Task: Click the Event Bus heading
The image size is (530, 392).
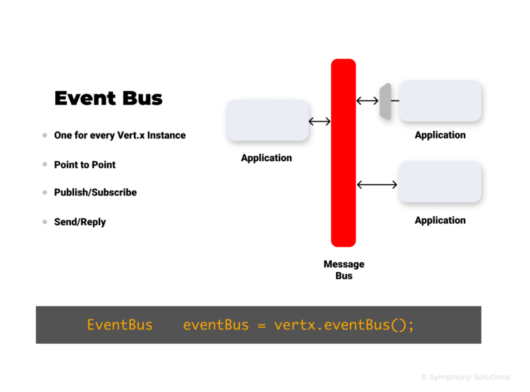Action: click(x=108, y=99)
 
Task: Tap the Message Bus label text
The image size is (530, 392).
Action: click(x=344, y=270)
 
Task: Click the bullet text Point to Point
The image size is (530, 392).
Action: click(x=85, y=165)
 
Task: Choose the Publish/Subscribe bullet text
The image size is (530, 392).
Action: click(x=95, y=192)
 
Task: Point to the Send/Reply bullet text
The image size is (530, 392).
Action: click(x=80, y=222)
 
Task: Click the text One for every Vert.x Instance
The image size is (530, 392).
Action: click(x=119, y=135)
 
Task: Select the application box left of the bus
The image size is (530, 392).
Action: click(x=267, y=121)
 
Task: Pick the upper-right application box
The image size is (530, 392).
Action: click(x=440, y=101)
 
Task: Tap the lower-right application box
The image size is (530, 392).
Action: click(x=440, y=182)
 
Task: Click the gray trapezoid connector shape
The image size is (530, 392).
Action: click(x=385, y=101)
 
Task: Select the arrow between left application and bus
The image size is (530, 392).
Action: click(x=320, y=122)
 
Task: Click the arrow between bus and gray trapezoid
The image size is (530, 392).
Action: click(x=367, y=101)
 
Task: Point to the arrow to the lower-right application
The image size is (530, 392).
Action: click(x=377, y=184)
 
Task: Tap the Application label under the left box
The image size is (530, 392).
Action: click(x=266, y=158)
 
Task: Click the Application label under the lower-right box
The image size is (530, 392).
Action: click(x=440, y=220)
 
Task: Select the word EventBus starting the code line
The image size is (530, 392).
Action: click(x=119, y=324)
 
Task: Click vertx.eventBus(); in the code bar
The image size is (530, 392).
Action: click(x=344, y=324)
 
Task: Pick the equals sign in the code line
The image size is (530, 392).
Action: click(x=261, y=325)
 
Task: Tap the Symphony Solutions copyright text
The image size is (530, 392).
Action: click(x=465, y=377)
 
